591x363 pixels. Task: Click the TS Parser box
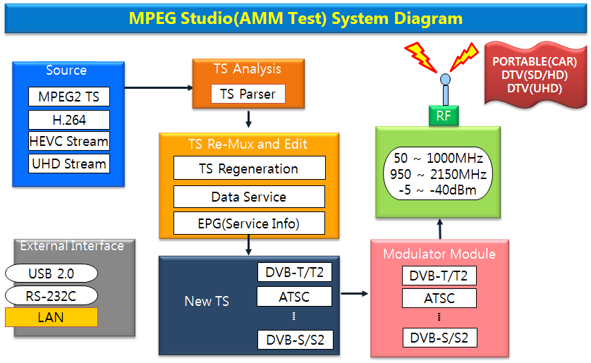(248, 94)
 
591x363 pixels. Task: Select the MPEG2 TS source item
(68, 97)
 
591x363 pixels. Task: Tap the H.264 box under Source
(68, 119)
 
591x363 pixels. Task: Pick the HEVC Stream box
(68, 141)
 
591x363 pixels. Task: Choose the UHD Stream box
(68, 164)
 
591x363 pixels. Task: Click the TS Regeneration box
(249, 168)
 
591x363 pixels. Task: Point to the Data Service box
(249, 197)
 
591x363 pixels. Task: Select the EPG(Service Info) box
(249, 224)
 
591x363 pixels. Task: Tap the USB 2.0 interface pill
(51, 273)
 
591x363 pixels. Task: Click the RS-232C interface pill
(51, 295)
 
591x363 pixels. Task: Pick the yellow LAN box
(51, 317)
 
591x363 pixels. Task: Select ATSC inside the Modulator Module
(439, 298)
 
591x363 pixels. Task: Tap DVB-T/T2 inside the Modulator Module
(439, 276)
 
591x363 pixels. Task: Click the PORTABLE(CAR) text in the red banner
(535, 62)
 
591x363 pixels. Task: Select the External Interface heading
(72, 246)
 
